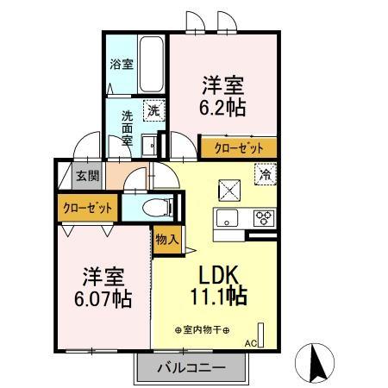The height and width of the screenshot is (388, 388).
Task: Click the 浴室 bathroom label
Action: click(x=121, y=64)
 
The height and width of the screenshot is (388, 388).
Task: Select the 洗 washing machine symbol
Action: click(x=153, y=110)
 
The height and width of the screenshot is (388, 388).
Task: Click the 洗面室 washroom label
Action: click(x=127, y=127)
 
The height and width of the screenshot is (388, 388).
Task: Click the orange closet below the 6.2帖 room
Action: click(x=239, y=147)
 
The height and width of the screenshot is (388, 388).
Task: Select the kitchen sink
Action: click(x=228, y=217)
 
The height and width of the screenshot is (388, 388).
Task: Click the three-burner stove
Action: click(x=263, y=218)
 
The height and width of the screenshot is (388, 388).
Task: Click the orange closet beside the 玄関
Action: click(x=88, y=208)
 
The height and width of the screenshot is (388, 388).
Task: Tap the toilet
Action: click(x=156, y=207)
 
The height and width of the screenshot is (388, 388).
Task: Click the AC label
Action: click(x=252, y=343)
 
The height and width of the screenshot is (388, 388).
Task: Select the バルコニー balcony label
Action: click(x=191, y=368)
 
